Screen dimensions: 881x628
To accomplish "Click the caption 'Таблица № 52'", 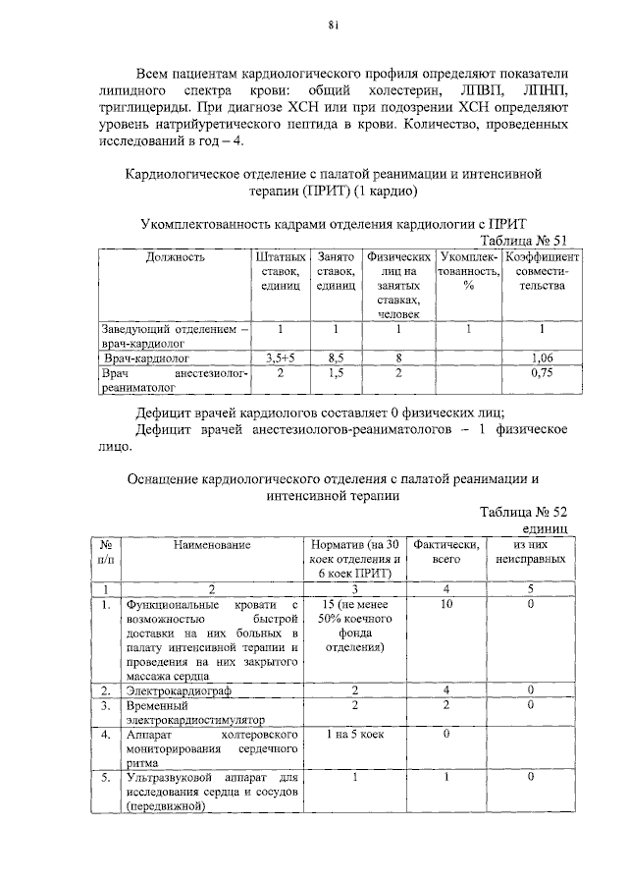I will [x=523, y=512].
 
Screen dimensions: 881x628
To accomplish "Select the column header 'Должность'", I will [x=176, y=257].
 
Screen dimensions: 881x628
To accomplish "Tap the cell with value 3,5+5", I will [x=280, y=358].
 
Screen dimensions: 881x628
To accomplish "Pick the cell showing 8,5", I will [x=336, y=358].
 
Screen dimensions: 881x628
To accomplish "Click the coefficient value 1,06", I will [x=542, y=358].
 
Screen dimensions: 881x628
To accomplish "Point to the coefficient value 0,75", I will [x=542, y=374].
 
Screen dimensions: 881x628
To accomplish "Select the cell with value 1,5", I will [x=336, y=374].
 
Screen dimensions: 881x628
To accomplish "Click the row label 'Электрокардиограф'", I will [x=175, y=691].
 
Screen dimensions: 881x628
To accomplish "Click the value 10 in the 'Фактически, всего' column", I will [x=446, y=605].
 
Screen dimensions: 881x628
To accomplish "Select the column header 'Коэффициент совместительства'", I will [x=542, y=271].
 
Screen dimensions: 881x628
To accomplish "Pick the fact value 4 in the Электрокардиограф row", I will [x=446, y=691].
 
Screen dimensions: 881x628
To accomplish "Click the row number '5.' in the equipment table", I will [x=105, y=777].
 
